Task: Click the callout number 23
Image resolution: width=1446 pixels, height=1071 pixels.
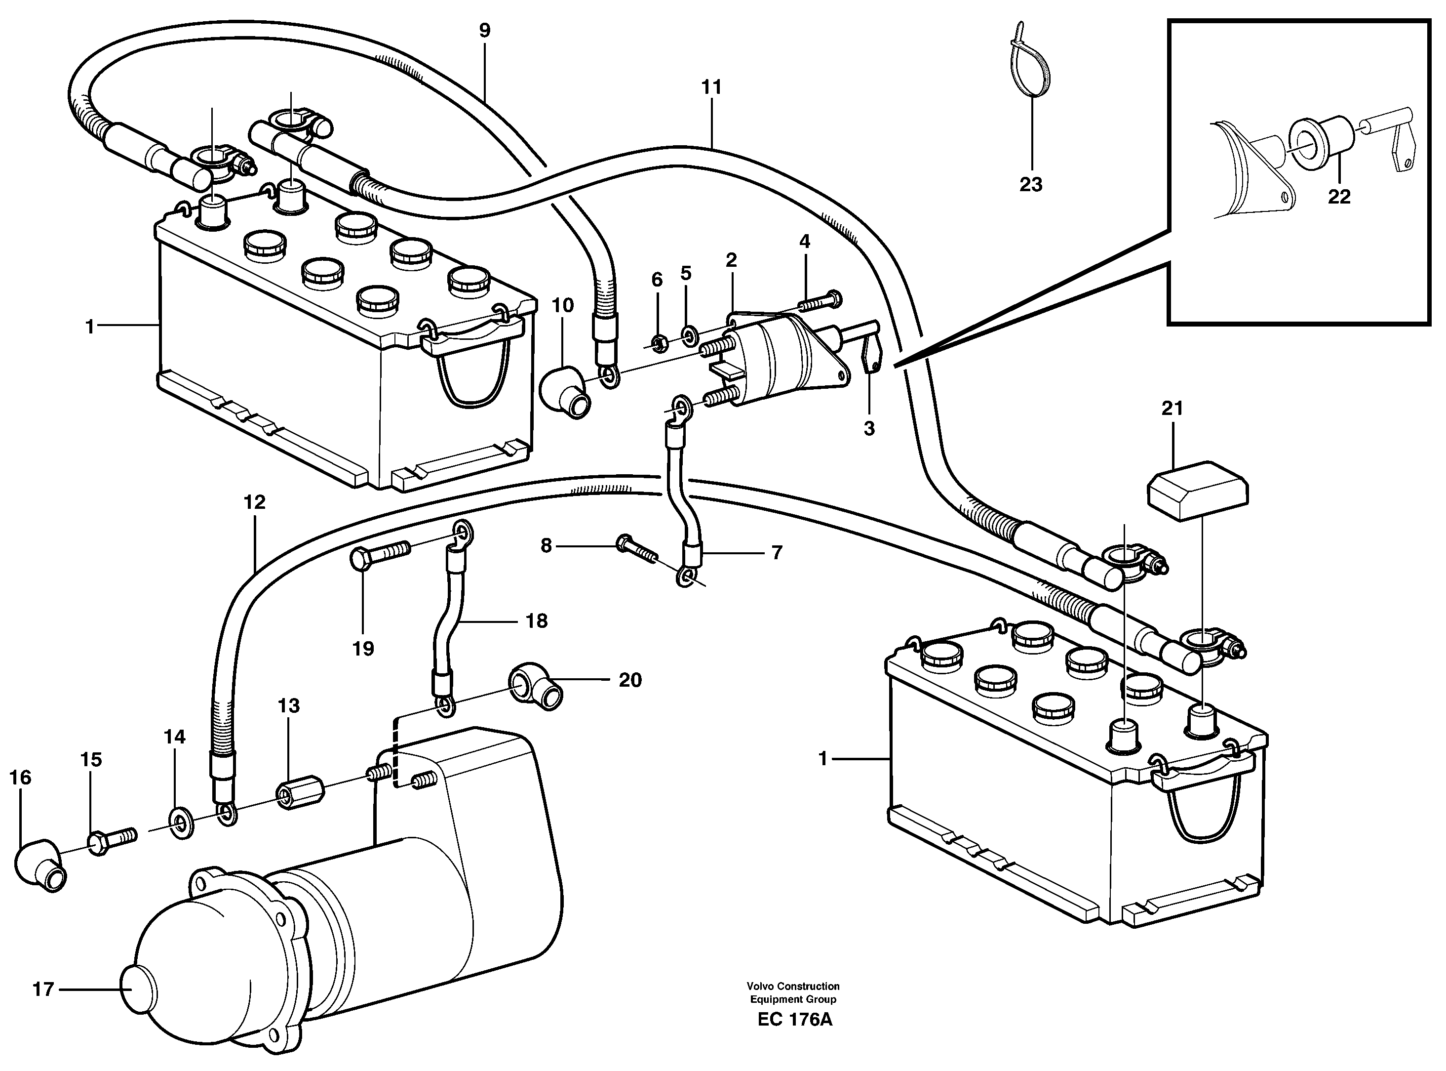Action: click(1031, 185)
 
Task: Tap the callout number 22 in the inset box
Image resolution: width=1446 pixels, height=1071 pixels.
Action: click(1339, 197)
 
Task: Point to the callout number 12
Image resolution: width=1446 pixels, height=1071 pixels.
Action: click(255, 502)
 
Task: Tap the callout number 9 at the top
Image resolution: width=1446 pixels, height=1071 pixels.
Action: click(485, 31)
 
